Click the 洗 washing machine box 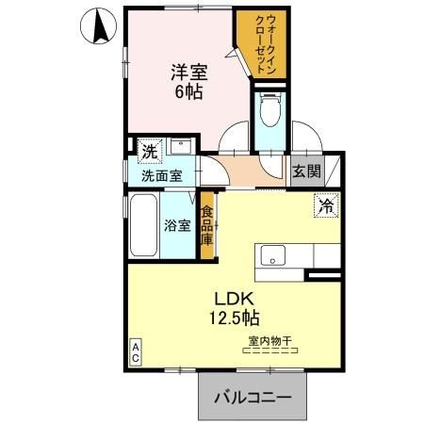click(149, 151)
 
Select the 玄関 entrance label click(304, 172)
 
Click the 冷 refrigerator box click(325, 204)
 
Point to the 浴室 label click(179, 226)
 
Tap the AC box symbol click(135, 353)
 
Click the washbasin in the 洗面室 click(182, 147)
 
